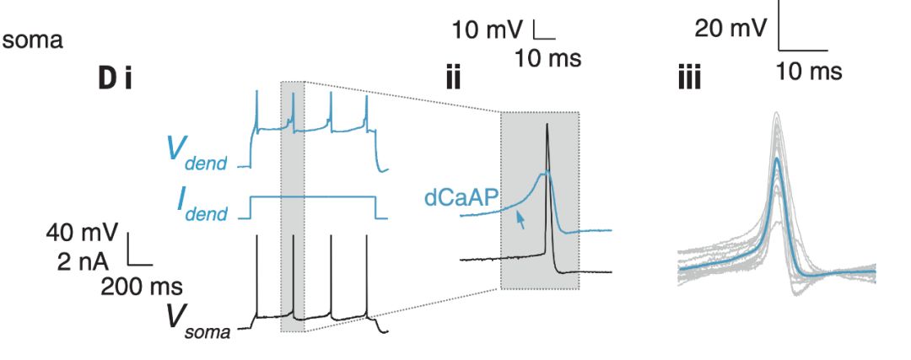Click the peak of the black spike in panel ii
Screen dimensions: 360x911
tap(548, 125)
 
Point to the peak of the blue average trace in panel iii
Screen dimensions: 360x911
tap(777, 158)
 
